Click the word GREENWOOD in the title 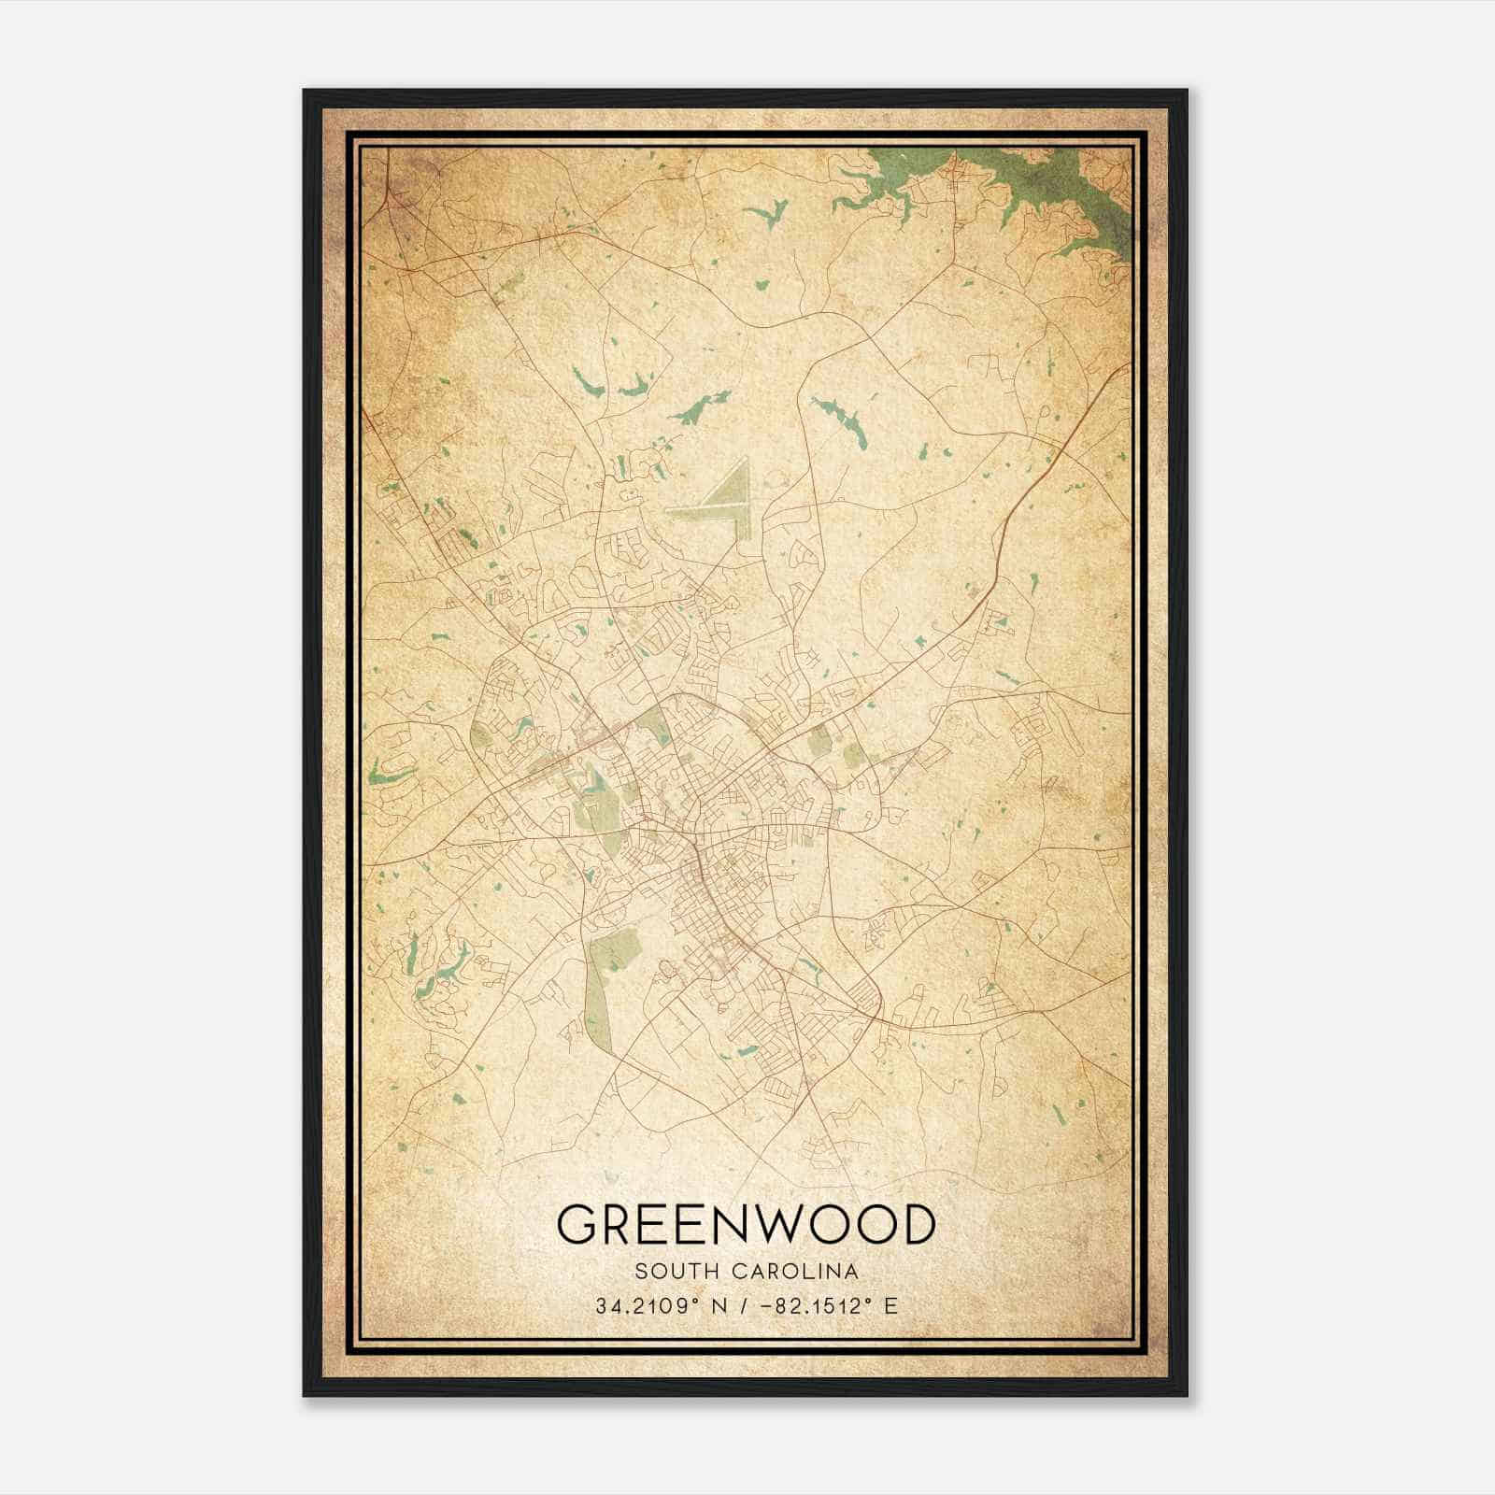[746, 1224]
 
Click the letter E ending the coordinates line [891, 1306]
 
